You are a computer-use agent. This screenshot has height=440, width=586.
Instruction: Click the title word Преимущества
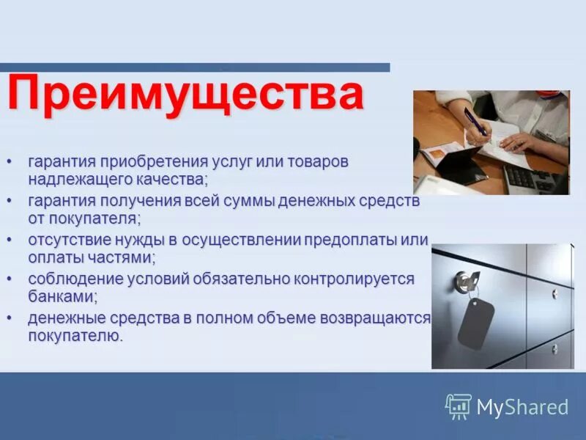point(186,94)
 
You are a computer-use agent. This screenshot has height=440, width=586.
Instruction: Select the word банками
point(62,297)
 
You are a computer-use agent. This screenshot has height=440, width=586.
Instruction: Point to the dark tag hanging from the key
point(475,323)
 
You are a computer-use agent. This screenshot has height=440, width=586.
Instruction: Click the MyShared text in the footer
point(522,407)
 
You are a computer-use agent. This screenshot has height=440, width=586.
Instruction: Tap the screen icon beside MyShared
point(459,406)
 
